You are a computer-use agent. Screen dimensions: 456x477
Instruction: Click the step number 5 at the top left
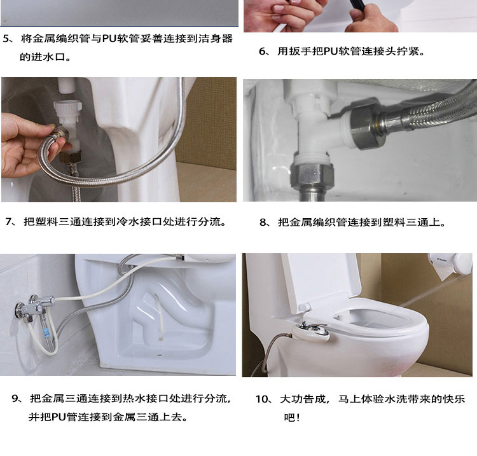[x=7, y=39]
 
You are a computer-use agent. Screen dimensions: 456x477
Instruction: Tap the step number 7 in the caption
[x=10, y=222]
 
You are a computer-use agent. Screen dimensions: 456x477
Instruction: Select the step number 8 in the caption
[x=264, y=223]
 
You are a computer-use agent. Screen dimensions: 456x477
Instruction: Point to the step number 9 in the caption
[x=16, y=399]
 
